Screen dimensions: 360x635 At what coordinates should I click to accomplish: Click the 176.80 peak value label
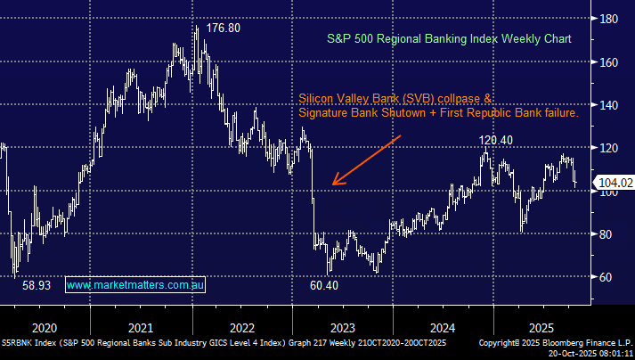(x=223, y=29)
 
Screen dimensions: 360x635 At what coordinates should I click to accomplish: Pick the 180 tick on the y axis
(x=610, y=19)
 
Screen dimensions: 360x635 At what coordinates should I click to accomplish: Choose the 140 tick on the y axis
(x=610, y=105)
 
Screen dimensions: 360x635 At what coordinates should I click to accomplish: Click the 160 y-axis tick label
(x=610, y=62)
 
